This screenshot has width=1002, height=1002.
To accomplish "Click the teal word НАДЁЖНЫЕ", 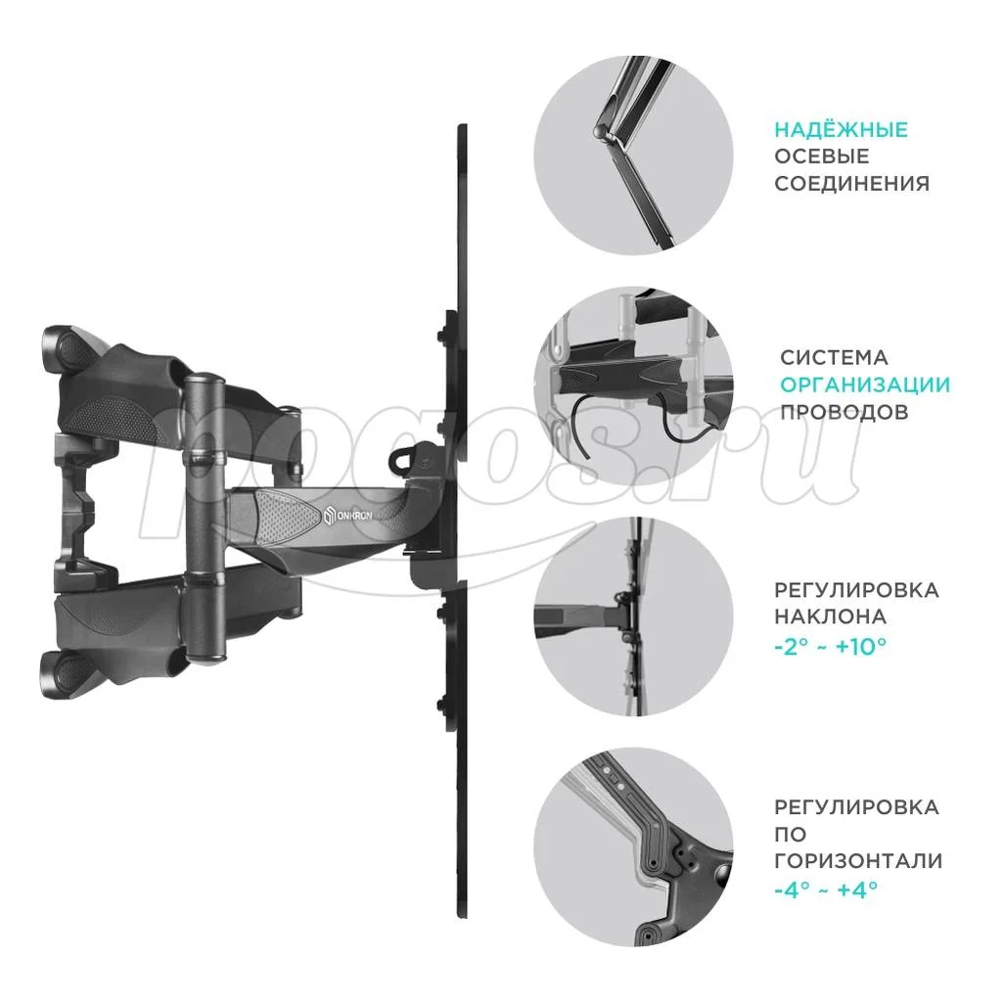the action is coord(841,130).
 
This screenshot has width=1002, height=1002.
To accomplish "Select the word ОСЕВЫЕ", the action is coord(822,157).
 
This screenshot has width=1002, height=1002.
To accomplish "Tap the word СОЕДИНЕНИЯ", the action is coord(852,184).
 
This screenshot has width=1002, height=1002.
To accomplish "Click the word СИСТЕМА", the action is coord(834,357).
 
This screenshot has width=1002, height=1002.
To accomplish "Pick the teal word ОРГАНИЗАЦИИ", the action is coord(865,385).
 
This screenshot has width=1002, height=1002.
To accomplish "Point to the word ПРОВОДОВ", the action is coord(844,412).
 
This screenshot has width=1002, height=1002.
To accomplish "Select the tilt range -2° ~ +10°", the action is coord(830,647).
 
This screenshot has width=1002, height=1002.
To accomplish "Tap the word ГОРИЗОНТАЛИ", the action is coord(858,861).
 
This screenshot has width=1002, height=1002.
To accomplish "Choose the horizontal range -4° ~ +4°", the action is coord(825,889).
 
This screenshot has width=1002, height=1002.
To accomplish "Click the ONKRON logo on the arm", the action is coord(347,515).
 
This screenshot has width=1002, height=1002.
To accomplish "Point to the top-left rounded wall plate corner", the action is coord(63,349).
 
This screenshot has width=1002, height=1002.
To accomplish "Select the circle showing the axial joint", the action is coord(633,156).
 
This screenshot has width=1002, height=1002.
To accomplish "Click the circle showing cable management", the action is coord(633,386).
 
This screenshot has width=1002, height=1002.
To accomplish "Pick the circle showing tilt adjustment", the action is coord(633,616).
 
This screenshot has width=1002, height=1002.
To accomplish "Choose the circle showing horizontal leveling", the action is coord(633,846).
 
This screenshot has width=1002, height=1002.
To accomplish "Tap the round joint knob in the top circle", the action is coord(601,132).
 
